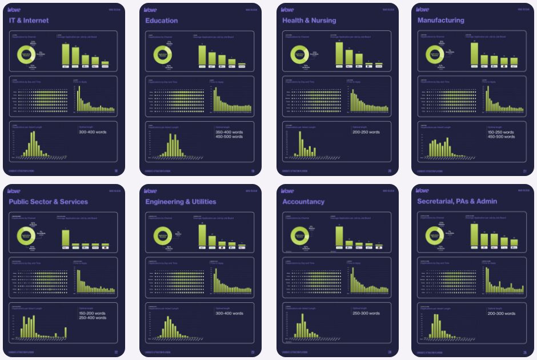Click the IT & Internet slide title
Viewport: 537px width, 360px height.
pyautogui.click(x=29, y=21)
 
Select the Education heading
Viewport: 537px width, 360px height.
pyautogui.click(x=162, y=21)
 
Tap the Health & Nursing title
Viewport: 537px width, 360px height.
pyautogui.click(x=309, y=21)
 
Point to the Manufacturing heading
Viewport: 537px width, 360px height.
pyautogui.click(x=441, y=21)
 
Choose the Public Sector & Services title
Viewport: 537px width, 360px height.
pyautogui.click(x=49, y=202)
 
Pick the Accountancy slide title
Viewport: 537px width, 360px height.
pyautogui.click(x=303, y=202)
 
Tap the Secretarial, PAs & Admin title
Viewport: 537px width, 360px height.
pyautogui.click(x=457, y=202)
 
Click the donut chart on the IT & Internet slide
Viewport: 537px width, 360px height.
pyautogui.click(x=26, y=55)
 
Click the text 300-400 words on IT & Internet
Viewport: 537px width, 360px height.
pyautogui.click(x=93, y=132)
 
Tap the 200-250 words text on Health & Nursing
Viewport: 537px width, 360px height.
pyautogui.click(x=366, y=132)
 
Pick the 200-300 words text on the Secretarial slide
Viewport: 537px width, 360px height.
pyautogui.click(x=501, y=313)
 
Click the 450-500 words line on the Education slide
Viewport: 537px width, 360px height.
pyautogui.click(x=229, y=137)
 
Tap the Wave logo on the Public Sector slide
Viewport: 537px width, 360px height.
pyautogui.click(x=14, y=191)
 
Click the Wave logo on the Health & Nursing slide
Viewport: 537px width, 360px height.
pyautogui.click(x=287, y=10)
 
